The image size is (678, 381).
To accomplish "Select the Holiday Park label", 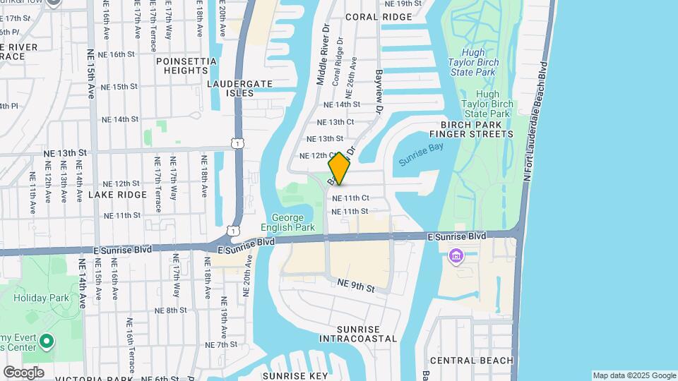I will pyautogui.click(x=42, y=298).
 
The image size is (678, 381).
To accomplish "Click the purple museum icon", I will pyautogui.click(x=456, y=255).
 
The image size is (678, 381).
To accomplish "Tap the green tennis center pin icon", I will pyautogui.click(x=47, y=342).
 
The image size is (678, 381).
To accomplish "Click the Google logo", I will pyautogui.click(x=23, y=372).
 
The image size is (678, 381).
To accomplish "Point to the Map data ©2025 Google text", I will pyautogui.click(x=634, y=375).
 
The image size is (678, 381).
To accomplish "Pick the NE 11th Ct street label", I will pyautogui.click(x=351, y=198).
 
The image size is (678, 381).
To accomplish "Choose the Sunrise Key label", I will pyautogui.click(x=295, y=375).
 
